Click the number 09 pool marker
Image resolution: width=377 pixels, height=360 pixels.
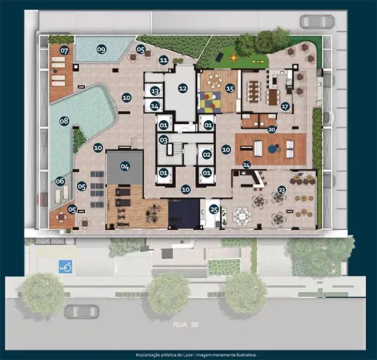(x=101, y=49)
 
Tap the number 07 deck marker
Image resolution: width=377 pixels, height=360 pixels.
(x=64, y=51)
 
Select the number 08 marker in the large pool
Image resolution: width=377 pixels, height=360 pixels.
(x=64, y=121)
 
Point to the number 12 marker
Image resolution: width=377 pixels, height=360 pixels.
(x=183, y=88)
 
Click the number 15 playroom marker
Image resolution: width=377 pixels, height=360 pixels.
(x=230, y=89)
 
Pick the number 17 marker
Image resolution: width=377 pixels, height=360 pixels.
(x=285, y=106)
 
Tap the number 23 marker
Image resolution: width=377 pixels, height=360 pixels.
(x=282, y=190)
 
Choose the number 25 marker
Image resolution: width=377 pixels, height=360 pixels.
(x=214, y=209)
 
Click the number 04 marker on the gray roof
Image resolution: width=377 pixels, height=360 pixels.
(x=125, y=166)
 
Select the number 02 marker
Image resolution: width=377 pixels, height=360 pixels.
(x=207, y=154)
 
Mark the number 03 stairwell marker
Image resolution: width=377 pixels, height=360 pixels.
(x=164, y=140)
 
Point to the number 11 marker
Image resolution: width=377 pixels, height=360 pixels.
(x=164, y=60)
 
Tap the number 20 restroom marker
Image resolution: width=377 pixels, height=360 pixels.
(x=272, y=130)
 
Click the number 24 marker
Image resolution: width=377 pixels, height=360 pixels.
(x=246, y=165)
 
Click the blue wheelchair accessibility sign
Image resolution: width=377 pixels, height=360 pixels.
(x=65, y=266)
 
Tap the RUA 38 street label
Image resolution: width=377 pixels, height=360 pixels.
(x=186, y=325)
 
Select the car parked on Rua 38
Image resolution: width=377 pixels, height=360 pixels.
(x=82, y=312)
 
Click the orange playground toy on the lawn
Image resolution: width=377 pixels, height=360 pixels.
(x=233, y=58)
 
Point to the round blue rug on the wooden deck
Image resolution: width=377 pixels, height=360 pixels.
(x=272, y=149)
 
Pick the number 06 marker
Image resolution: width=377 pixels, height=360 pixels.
(x=60, y=181)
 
